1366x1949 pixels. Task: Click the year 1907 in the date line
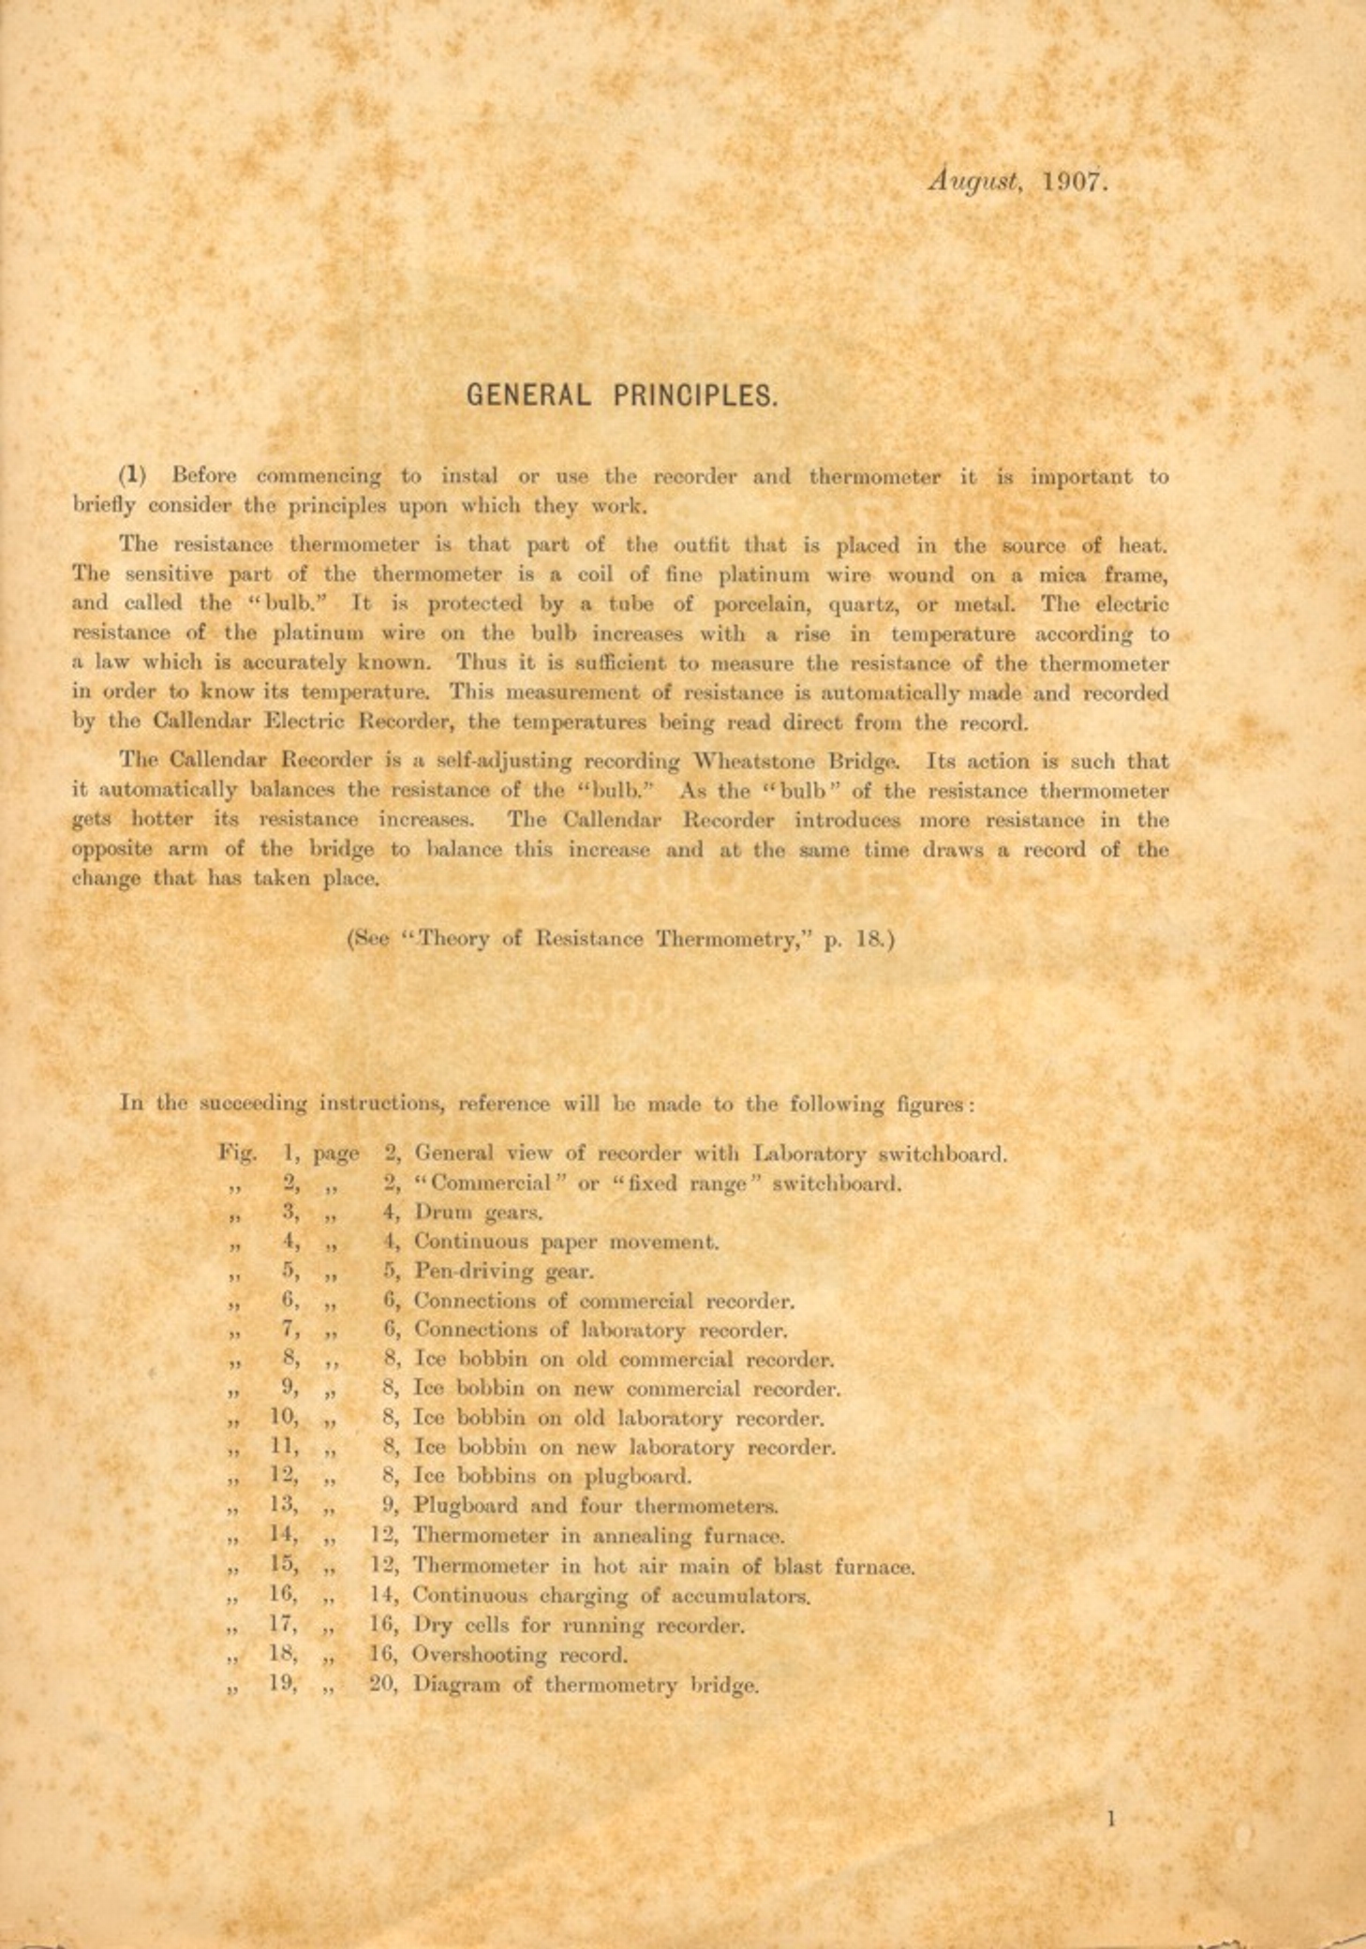1075,181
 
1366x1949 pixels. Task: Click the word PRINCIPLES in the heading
695,395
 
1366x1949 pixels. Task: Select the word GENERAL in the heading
528,395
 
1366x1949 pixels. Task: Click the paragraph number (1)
132,475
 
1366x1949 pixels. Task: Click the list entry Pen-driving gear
504,1272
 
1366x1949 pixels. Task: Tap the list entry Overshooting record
520,1655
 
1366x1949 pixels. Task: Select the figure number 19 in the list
283,1683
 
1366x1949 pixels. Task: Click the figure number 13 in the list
283,1506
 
